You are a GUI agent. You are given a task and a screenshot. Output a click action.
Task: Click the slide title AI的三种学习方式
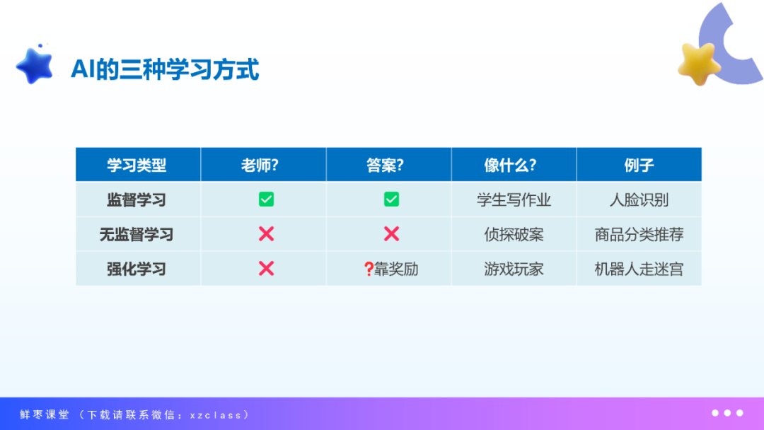165,69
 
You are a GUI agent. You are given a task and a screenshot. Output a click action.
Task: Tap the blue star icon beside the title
35,65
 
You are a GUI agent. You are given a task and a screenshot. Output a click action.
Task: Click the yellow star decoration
698,64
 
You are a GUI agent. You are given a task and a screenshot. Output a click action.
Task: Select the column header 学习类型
137,165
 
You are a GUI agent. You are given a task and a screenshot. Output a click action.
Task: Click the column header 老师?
260,165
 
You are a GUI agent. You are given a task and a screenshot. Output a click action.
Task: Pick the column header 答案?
385,165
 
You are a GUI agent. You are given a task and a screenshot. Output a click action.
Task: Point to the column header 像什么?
510,165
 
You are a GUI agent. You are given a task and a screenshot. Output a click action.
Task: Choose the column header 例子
639,165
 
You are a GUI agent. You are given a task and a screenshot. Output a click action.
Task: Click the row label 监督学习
137,200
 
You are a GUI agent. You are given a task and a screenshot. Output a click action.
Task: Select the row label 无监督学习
137,235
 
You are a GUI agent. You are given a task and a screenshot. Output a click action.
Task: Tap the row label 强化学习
137,269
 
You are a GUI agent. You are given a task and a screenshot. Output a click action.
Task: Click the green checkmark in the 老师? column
266,199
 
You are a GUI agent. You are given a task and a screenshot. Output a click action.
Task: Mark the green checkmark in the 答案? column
391,199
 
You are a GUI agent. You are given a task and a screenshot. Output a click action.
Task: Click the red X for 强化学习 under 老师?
266,268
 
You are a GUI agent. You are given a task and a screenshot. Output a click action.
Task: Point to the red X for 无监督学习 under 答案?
391,234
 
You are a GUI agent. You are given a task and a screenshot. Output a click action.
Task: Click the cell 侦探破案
514,235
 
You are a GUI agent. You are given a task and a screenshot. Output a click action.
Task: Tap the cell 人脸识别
639,200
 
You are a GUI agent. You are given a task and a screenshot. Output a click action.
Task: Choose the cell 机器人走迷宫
639,269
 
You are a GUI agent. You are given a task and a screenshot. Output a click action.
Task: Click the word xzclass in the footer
216,415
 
